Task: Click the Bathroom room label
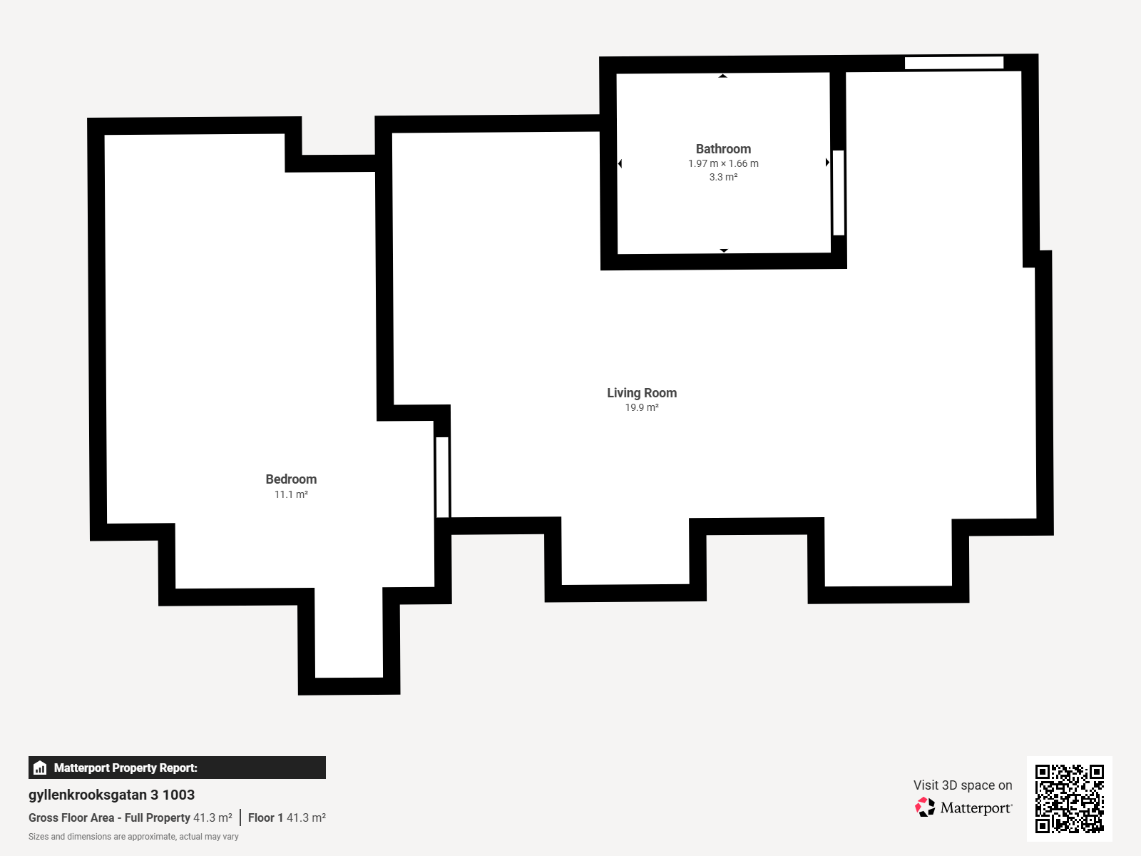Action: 723,149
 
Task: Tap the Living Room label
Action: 641,393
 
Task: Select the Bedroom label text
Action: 291,479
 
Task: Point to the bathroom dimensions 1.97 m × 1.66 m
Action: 723,164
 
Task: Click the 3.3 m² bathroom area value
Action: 723,177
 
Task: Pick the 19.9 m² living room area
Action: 641,407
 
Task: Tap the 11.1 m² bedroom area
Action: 291,494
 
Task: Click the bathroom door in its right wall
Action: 838,193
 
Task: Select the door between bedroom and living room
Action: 442,477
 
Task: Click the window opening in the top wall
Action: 954,63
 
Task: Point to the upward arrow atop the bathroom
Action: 722,76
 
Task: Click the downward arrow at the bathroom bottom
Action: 724,250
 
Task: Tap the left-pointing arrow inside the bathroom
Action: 620,164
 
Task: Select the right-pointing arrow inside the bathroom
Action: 827,163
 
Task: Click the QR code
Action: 1069,799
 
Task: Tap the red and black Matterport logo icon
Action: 925,807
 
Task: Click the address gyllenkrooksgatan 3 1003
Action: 111,795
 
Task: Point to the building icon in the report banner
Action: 40,768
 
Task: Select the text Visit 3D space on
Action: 963,785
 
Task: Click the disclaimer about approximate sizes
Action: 133,837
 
